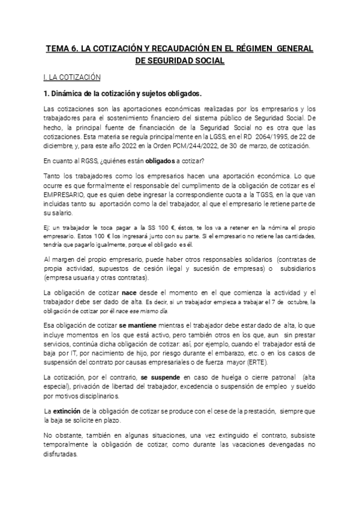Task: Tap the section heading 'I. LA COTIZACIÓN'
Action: coord(72,77)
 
